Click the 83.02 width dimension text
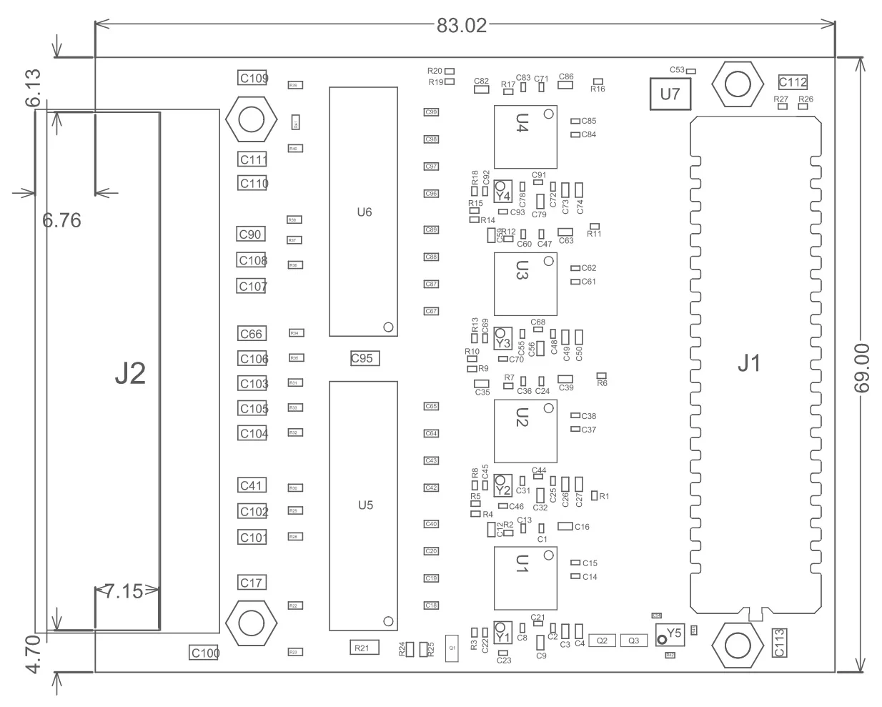[x=461, y=26]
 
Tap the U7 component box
[x=670, y=94]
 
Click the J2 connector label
[x=130, y=374]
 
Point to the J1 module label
[x=748, y=364]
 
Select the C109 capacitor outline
[x=252, y=78]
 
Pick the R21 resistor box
[x=362, y=648]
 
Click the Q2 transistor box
[x=602, y=641]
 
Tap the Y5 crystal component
[x=670, y=633]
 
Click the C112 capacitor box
[x=793, y=81]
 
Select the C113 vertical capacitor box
[x=780, y=642]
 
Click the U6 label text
[x=365, y=212]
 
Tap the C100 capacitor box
[x=204, y=653]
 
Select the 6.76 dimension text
[x=62, y=220]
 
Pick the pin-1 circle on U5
[x=389, y=621]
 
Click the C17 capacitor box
[x=252, y=583]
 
